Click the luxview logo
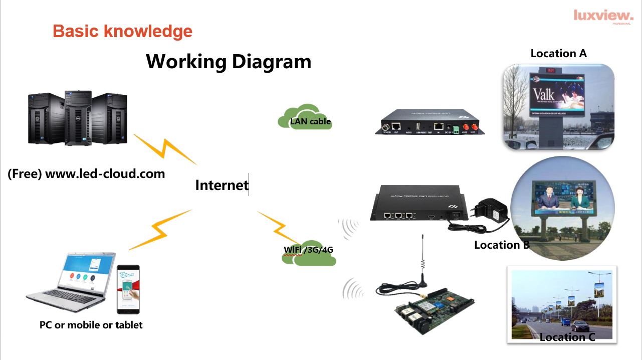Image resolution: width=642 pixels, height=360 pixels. click(x=603, y=16)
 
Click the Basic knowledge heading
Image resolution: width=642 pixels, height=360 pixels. click(x=122, y=31)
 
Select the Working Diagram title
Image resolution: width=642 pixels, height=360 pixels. click(x=229, y=62)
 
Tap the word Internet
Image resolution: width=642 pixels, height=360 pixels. click(x=222, y=185)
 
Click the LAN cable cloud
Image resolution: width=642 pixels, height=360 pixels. click(x=305, y=118)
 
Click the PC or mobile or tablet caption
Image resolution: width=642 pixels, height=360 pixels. click(x=91, y=325)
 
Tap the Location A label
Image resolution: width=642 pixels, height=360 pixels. click(x=558, y=53)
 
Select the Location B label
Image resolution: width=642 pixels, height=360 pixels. click(x=502, y=245)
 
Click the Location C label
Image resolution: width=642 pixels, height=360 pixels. click(x=567, y=337)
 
